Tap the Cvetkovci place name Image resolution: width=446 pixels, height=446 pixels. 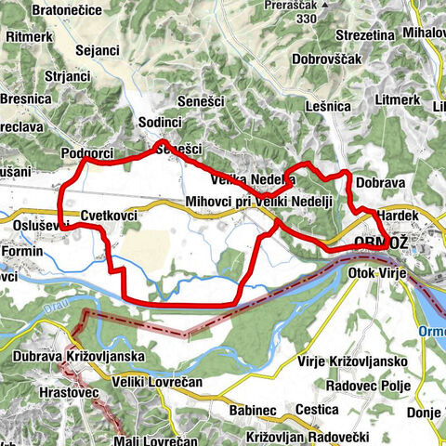109,216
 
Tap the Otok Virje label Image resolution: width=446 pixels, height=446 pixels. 380,273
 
